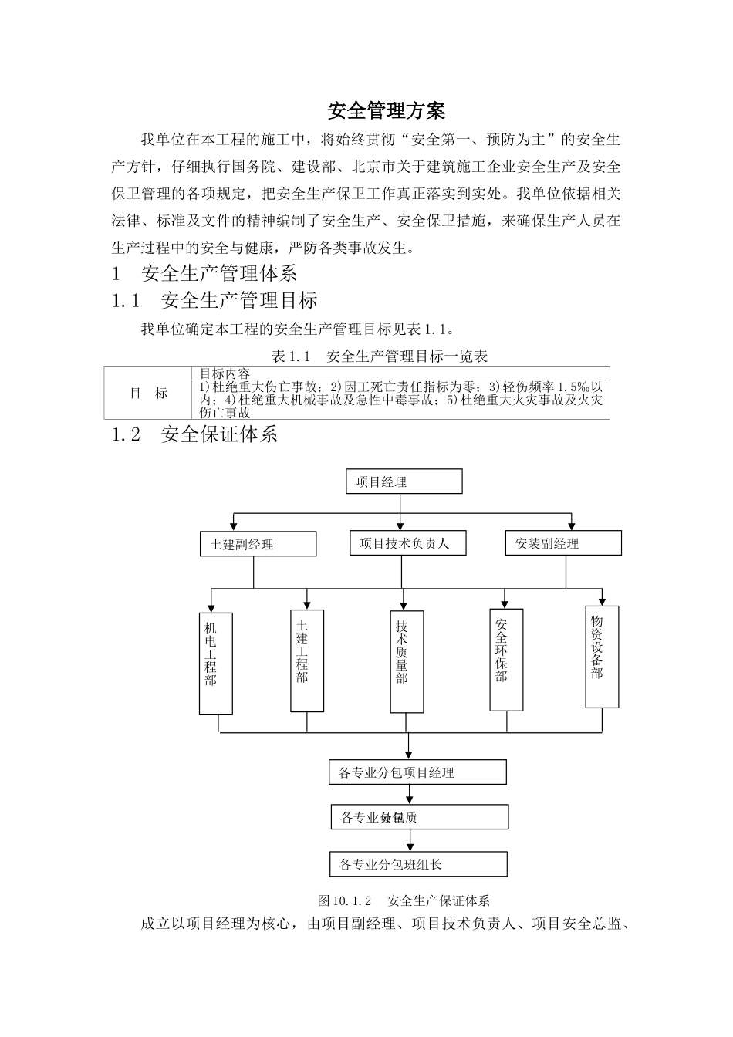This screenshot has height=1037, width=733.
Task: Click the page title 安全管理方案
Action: tap(387, 111)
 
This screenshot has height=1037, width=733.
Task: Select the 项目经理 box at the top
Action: tap(404, 481)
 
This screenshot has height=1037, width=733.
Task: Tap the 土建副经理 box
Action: tap(258, 544)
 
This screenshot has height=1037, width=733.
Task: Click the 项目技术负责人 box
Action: tap(404, 543)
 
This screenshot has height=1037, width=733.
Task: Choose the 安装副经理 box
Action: tap(562, 543)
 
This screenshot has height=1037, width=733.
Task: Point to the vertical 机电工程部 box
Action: tap(215, 663)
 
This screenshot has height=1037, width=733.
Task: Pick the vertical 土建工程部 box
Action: tap(306, 660)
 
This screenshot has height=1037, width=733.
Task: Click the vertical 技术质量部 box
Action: tap(407, 661)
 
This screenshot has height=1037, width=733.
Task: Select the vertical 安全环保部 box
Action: tap(506, 660)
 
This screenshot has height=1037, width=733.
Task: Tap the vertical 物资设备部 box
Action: tap(602, 657)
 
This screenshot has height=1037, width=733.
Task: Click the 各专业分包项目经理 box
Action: tap(417, 772)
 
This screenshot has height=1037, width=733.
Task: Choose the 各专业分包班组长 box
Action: tap(417, 864)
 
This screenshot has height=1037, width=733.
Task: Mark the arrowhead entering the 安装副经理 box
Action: tap(572, 526)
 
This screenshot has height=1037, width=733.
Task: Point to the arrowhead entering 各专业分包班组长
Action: tap(409, 847)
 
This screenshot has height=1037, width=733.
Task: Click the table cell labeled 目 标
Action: tap(148, 394)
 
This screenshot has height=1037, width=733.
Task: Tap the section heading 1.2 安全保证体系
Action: tap(194, 435)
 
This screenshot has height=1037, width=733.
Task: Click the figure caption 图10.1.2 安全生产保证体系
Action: tap(404, 900)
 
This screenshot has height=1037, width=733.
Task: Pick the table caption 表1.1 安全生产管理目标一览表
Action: tap(380, 356)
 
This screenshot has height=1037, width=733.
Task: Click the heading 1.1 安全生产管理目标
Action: tap(214, 300)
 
